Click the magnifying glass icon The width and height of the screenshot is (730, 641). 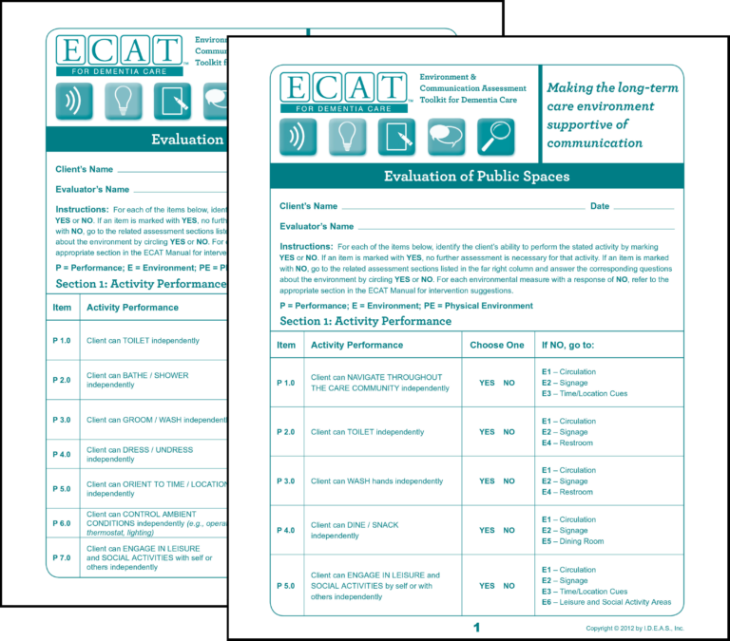point(495,137)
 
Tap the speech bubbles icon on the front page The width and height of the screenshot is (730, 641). point(446,137)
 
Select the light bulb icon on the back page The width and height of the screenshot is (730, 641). point(123,102)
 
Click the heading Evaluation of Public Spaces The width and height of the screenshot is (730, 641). point(476,176)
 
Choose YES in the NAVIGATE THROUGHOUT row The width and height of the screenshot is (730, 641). point(487,383)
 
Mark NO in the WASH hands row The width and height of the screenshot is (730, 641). point(509,481)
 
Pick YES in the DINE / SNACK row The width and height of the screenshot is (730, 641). point(487,531)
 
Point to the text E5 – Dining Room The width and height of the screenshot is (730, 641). point(572,542)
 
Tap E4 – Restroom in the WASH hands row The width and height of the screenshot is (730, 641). point(567,493)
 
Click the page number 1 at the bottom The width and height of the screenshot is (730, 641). point(476,628)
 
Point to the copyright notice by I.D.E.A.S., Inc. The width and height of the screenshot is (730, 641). point(634,629)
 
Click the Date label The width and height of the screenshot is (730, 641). point(600,206)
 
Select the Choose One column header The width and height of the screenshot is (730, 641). point(497,345)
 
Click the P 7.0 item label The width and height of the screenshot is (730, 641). point(62,557)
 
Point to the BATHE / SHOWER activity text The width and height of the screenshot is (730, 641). point(137,380)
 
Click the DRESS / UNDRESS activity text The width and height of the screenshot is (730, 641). point(139,454)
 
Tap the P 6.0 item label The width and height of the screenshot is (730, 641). point(62,523)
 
